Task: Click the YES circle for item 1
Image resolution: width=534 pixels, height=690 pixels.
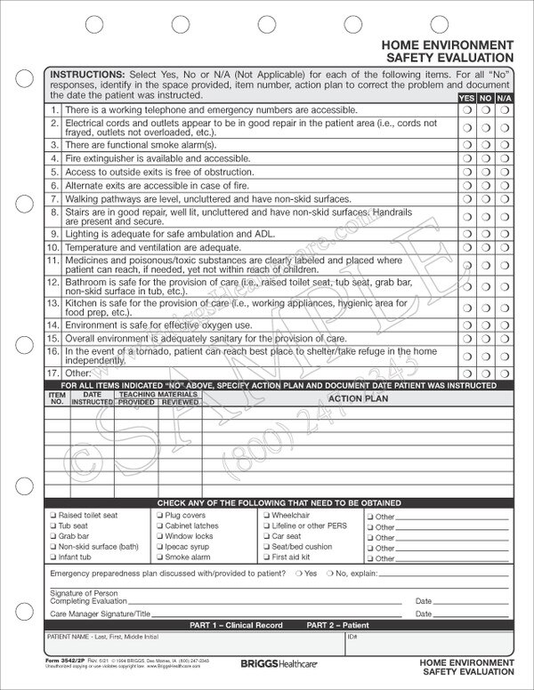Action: click(466, 109)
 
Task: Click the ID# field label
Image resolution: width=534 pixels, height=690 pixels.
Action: click(352, 637)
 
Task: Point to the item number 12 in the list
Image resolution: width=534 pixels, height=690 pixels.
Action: click(53, 282)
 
